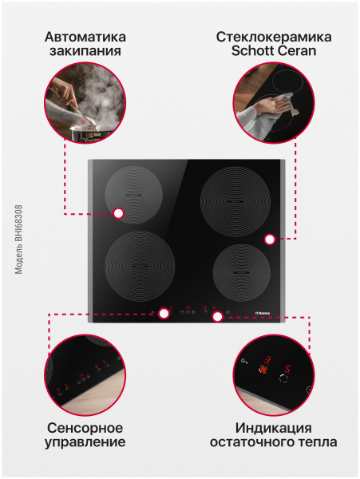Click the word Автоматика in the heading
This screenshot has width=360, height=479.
click(x=85, y=37)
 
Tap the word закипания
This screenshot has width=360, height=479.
click(x=85, y=51)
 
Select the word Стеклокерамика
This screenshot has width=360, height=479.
click(x=274, y=37)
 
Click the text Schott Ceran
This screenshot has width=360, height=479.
click(x=274, y=51)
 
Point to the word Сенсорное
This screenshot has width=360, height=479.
click(x=85, y=428)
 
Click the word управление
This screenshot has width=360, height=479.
click(x=85, y=442)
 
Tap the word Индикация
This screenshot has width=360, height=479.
click(x=274, y=428)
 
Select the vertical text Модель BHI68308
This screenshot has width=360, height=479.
click(x=19, y=239)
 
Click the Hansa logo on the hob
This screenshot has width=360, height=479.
click(x=263, y=313)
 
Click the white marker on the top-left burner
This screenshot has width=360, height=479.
click(x=118, y=213)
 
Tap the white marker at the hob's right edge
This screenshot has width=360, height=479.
click(x=269, y=239)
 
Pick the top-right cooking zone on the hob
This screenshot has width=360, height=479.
click(x=235, y=202)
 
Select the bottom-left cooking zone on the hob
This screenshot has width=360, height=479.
click(x=140, y=267)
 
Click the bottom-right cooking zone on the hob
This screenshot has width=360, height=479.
click(x=242, y=273)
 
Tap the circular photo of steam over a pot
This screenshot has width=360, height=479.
click(x=85, y=102)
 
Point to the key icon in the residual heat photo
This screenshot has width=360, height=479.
click(x=244, y=362)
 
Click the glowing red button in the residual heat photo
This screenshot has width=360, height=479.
click(x=263, y=370)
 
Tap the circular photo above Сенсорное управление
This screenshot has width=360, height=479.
click(x=85, y=375)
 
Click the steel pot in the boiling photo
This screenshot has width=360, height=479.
click(x=92, y=134)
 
